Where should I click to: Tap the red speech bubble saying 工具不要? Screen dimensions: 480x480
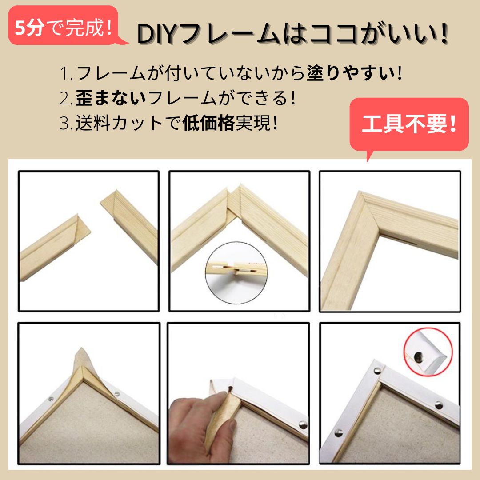click(409, 124)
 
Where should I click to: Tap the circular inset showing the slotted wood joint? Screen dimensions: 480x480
click(236, 272)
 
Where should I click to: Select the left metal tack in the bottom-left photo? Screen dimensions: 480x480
click(51, 399)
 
